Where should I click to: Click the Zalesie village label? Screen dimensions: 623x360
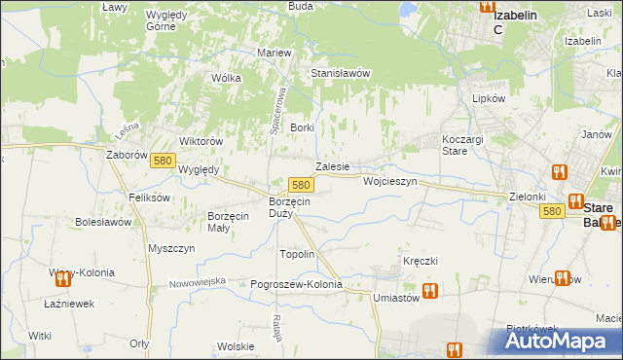(332, 166)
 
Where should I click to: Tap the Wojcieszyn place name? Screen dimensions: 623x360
(389, 182)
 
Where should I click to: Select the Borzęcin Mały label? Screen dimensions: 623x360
(232, 222)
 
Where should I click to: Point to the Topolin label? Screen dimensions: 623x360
(297, 254)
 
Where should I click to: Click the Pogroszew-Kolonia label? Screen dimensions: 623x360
(297, 284)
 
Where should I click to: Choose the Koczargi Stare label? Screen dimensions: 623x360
(461, 145)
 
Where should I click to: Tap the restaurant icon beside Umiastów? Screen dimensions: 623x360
(429, 290)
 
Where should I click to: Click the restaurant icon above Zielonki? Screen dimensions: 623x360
(559, 173)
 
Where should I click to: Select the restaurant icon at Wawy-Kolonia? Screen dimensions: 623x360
(63, 279)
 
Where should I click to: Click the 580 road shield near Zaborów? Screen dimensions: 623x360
(163, 167)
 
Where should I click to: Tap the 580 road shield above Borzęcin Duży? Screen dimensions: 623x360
(301, 185)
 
